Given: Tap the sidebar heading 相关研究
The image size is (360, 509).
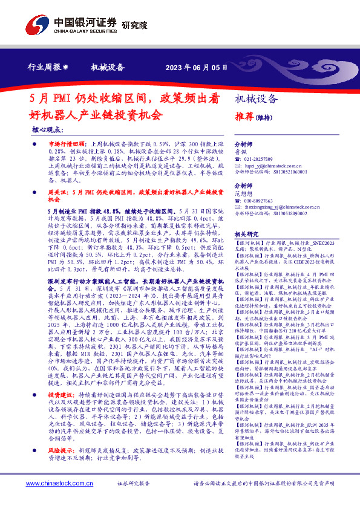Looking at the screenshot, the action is coord(246,233).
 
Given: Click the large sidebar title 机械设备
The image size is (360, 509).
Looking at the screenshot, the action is coord(257,99).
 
